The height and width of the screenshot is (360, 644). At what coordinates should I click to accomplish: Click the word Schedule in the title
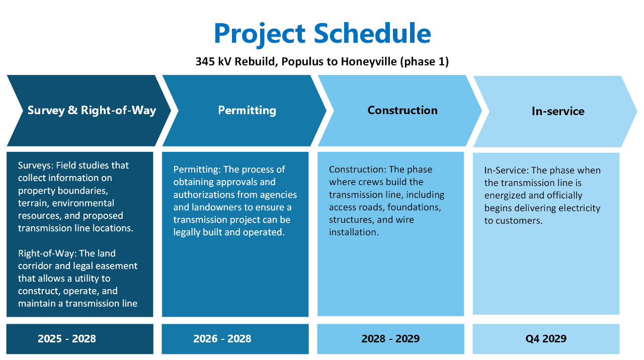tap(372, 33)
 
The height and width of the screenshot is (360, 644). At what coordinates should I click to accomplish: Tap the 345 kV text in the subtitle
tap(213, 61)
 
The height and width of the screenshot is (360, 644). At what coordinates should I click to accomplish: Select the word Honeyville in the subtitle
tap(369, 62)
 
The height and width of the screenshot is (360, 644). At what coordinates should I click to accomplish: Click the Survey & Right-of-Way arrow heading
tap(92, 111)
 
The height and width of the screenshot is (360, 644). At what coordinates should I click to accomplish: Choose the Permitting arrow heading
tap(247, 111)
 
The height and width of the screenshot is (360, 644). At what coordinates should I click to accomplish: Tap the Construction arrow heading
tap(403, 110)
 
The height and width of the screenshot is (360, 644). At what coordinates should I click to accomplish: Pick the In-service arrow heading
tap(558, 111)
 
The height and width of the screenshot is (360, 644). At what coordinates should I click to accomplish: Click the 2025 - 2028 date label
tap(67, 339)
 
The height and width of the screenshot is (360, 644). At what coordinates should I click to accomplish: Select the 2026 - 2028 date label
tap(222, 339)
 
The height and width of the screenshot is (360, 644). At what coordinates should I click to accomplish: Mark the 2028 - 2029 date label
tap(390, 339)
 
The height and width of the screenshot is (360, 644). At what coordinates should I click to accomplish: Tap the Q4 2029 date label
tap(546, 339)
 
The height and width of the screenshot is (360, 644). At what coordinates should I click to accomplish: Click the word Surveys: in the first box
tap(36, 166)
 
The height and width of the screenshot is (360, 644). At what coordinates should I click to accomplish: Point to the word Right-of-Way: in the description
tap(47, 254)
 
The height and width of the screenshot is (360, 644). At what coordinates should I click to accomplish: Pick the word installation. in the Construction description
tap(354, 232)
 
